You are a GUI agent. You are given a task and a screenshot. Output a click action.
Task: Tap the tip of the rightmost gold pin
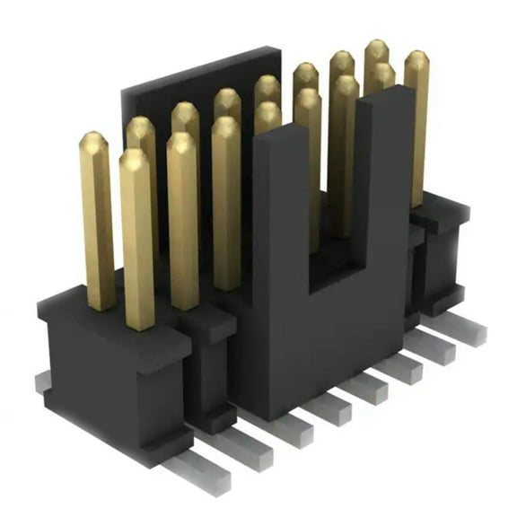[416, 59]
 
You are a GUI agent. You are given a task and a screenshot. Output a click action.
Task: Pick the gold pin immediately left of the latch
[226, 206]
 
